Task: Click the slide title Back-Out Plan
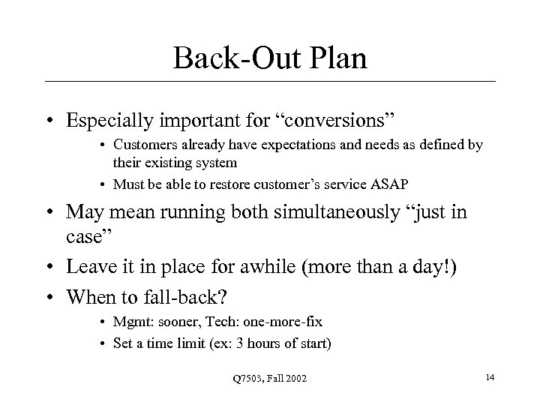[270, 58]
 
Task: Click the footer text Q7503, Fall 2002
[269, 382]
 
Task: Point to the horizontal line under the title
[270, 81]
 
